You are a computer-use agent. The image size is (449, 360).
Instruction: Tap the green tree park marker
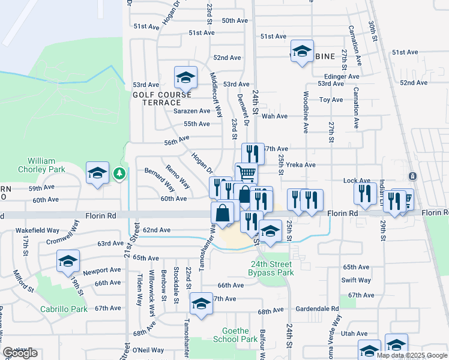(120, 173)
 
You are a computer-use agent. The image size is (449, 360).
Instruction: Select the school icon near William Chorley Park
(97, 174)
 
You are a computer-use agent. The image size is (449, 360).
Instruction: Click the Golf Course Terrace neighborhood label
(162, 98)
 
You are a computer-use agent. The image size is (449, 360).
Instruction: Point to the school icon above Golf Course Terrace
(186, 77)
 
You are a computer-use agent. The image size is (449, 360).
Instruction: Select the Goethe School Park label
(235, 335)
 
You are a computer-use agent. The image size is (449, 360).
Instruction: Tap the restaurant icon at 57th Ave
(253, 154)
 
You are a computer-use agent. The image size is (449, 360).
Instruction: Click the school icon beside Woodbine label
(302, 52)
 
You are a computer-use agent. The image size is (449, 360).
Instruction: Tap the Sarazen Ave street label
(192, 111)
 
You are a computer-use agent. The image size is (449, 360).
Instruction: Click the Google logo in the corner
(20, 353)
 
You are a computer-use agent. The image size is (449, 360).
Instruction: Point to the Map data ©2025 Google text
(412, 355)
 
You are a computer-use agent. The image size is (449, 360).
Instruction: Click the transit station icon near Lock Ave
(412, 176)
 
